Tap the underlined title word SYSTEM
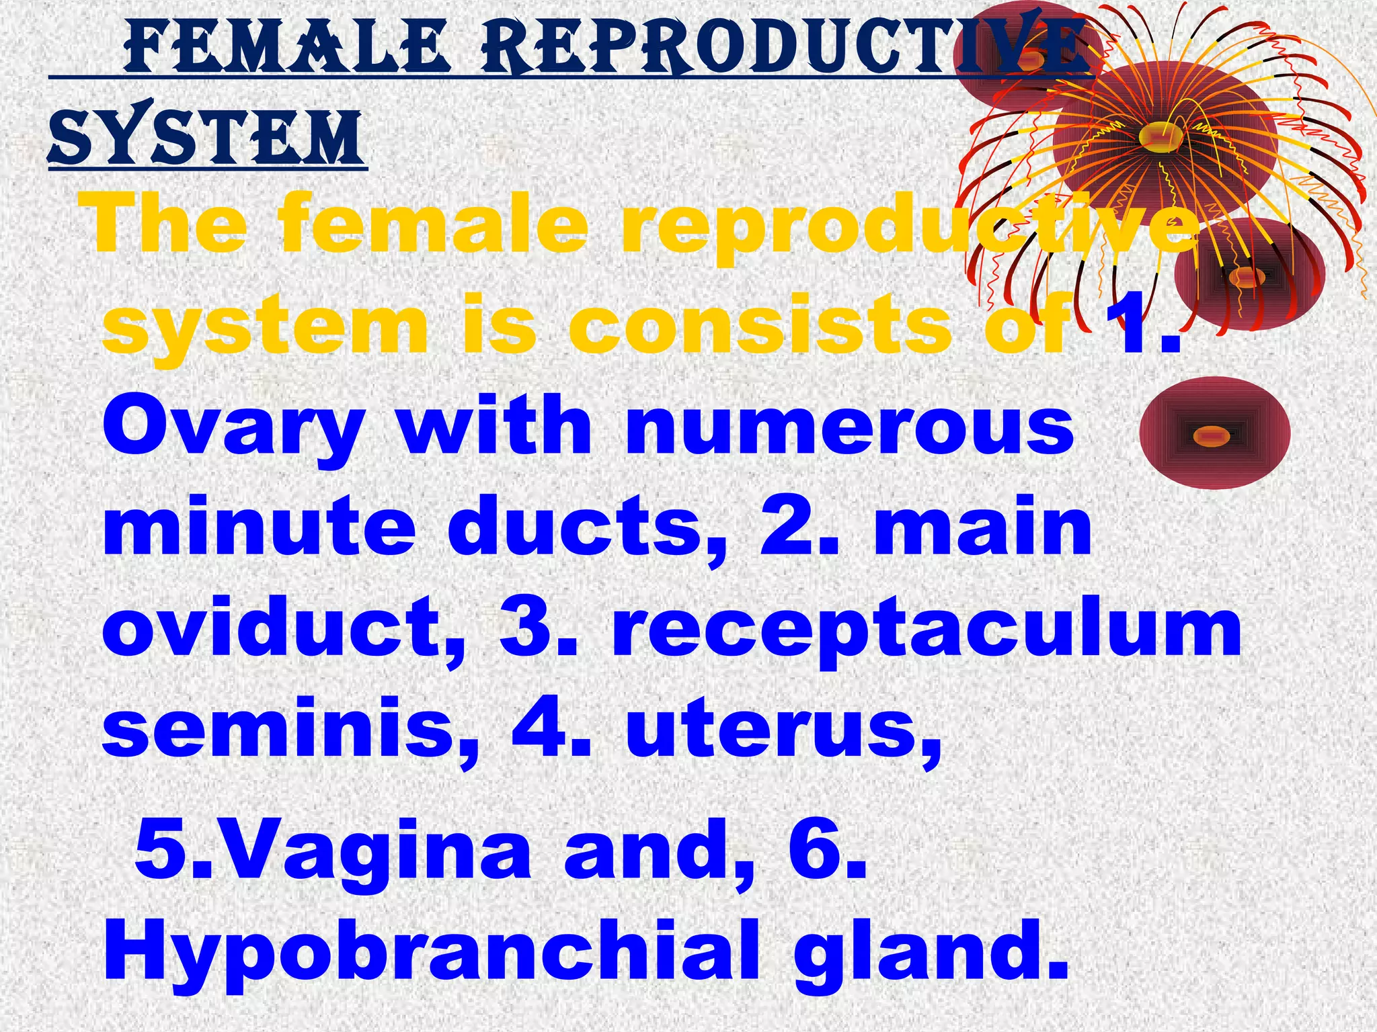pos(205,139)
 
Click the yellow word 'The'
pos(168,225)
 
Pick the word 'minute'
pos(259,527)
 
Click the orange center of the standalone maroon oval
pos(1212,437)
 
